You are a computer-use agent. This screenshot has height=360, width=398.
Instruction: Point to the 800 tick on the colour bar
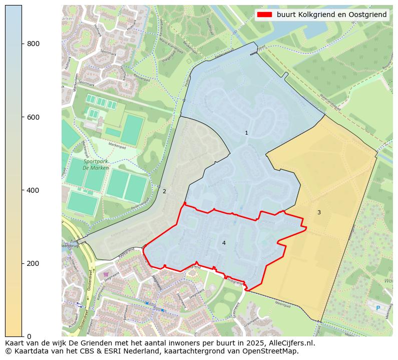pos(23,44)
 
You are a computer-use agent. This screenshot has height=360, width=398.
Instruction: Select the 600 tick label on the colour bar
pos(33,117)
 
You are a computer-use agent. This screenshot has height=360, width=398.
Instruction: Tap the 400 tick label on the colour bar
pos(33,190)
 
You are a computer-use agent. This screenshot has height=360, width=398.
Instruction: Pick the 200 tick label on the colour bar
pos(33,263)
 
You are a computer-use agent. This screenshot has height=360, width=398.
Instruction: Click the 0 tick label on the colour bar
pos(29,336)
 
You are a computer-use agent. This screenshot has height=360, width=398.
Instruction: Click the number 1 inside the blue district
pos(246,133)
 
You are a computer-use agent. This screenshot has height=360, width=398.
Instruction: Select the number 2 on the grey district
pos(164,191)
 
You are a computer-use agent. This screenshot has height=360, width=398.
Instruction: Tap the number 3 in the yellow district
pos(319,212)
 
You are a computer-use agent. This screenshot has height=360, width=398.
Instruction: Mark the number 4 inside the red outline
pos(224,243)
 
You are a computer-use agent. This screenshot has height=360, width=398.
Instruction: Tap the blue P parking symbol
pos(378,308)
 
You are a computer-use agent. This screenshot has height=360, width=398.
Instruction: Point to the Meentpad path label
pos(283,303)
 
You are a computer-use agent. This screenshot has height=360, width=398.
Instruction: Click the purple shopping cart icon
pos(106,274)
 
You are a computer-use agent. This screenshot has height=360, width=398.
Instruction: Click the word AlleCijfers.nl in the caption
pos(292,343)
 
